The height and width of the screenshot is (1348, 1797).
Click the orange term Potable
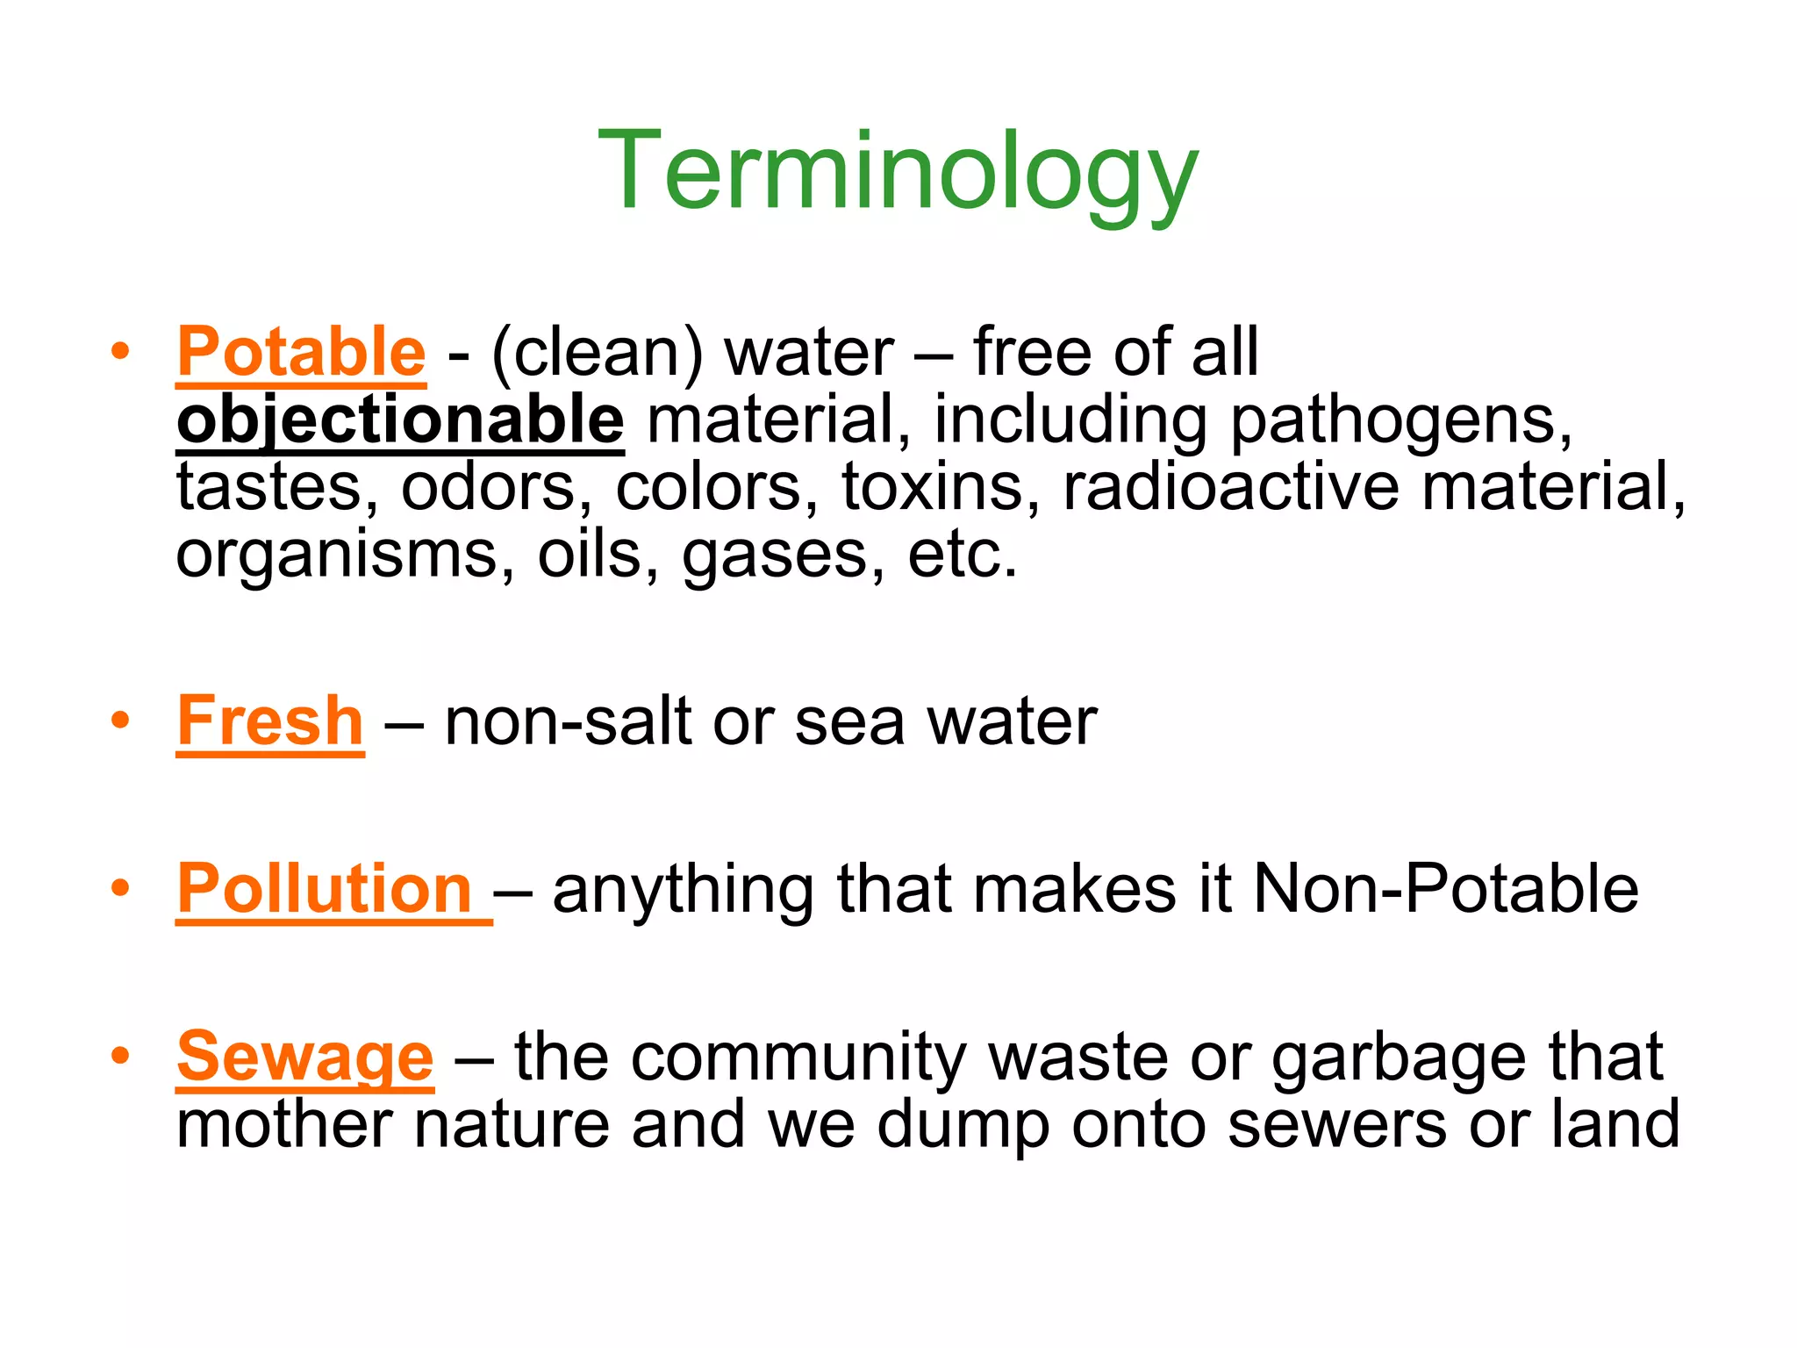coord(301,352)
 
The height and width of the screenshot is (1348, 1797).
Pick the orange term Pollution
coord(326,889)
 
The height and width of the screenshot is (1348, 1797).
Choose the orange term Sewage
coord(304,1057)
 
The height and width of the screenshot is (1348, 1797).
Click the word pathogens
coord(1401,421)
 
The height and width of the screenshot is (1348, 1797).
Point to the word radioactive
coord(1231,487)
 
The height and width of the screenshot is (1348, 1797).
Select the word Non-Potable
coord(1445,889)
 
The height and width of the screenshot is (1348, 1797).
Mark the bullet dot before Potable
coord(120,352)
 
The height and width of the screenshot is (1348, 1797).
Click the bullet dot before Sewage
coord(120,1056)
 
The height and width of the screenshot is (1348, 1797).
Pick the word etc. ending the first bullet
coord(963,556)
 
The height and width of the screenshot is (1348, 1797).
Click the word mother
coord(283,1124)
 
